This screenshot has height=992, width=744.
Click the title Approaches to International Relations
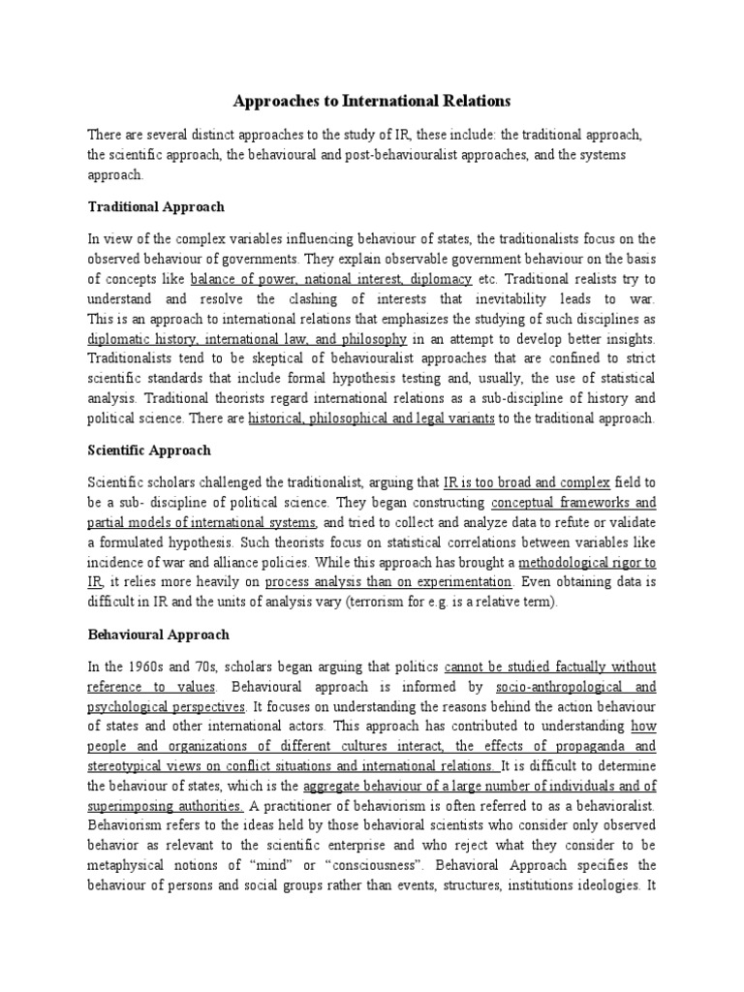372,101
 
